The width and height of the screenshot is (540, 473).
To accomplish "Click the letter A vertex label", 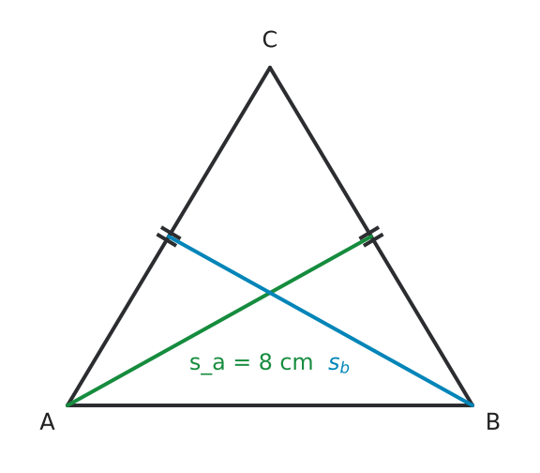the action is [x=47, y=421].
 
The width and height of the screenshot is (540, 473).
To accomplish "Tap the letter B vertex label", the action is [x=493, y=421].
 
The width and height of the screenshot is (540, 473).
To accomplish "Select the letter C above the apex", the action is [x=270, y=39].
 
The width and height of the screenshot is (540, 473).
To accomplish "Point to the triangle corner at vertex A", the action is [x=67, y=405].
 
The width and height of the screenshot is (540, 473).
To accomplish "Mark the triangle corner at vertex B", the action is [x=472, y=405].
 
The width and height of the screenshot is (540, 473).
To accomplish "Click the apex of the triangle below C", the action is [x=270, y=68].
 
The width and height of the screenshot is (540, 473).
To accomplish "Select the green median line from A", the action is [x=219, y=321].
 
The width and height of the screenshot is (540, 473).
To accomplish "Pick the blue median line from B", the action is [x=321, y=321].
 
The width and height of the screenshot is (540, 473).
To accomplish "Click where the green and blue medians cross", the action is [x=270, y=293].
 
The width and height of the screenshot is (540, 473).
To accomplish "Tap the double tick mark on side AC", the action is [x=169, y=236].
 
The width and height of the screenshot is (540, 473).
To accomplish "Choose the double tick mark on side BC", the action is [x=371, y=236].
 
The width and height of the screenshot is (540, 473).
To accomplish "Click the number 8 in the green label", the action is [x=265, y=362].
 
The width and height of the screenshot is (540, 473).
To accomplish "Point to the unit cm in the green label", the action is [x=296, y=364].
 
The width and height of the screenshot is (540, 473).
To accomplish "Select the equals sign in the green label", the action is [x=242, y=363].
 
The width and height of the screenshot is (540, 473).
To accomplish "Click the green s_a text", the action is [x=207, y=365].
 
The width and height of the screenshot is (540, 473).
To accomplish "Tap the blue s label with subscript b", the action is [x=338, y=365].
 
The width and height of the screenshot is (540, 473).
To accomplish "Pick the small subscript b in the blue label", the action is [x=345, y=368].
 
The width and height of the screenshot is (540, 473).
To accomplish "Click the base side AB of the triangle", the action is [x=270, y=405].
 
